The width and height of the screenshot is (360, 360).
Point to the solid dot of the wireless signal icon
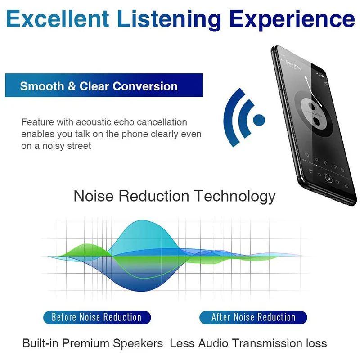[259, 120]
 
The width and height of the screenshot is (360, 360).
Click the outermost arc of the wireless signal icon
[232, 118]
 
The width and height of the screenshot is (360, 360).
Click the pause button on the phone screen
[329, 178]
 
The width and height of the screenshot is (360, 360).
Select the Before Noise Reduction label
[97, 317]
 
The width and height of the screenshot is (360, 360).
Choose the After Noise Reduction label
[253, 317]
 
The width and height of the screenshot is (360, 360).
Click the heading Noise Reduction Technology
[174, 196]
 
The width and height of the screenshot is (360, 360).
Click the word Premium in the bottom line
[85, 344]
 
